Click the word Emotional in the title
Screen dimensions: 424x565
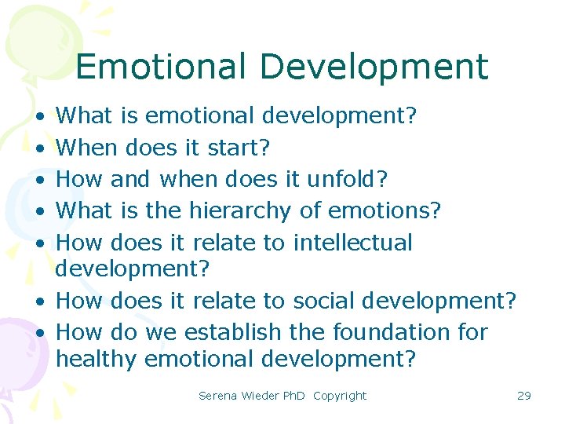tap(161, 67)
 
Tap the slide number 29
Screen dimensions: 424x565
tap(524, 396)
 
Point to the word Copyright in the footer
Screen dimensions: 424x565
tap(340, 396)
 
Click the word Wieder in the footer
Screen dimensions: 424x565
tap(260, 396)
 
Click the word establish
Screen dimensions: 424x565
tap(232, 332)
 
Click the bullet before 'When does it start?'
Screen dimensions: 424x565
tap(38, 148)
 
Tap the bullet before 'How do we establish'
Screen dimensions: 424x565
tap(38, 333)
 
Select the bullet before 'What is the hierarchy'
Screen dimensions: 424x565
tap(38, 212)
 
